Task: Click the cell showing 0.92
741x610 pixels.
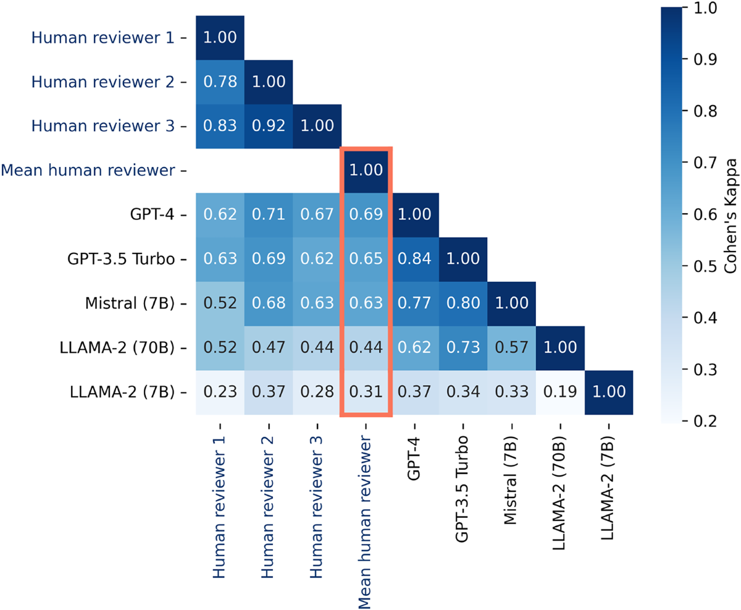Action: tap(269, 126)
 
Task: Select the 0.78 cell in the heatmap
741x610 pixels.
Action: tap(220, 82)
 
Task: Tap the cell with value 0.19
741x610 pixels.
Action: tap(560, 392)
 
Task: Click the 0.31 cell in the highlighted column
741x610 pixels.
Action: tap(366, 392)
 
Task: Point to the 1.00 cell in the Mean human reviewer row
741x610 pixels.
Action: tap(366, 171)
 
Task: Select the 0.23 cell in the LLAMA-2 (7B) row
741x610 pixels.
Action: tap(220, 392)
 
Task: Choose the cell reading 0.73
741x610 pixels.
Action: tap(463, 348)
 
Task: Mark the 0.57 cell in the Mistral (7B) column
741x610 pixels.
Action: tap(511, 348)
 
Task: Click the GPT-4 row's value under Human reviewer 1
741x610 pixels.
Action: tap(220, 215)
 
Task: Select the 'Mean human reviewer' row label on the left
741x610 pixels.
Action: tap(94, 171)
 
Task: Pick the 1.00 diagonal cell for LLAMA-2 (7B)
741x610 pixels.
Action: tap(609, 392)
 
